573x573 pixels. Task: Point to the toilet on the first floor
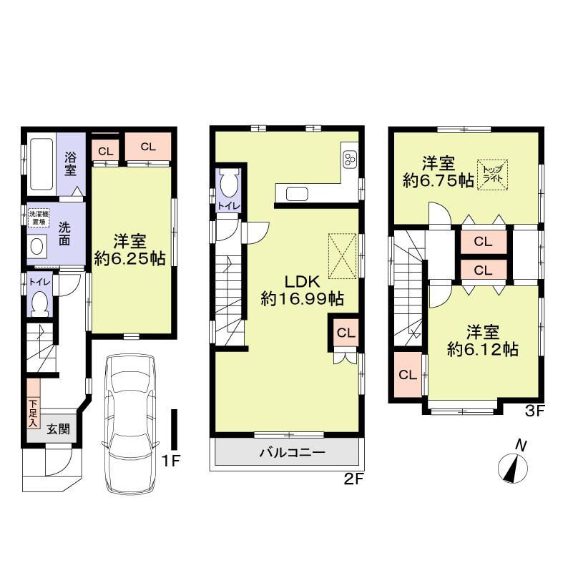40,302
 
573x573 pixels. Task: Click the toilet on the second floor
229,185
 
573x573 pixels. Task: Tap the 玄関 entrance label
57,429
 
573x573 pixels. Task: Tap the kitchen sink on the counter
296,193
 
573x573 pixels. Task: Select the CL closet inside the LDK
345,332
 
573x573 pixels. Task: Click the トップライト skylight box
494,175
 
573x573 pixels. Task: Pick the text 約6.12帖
483,350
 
